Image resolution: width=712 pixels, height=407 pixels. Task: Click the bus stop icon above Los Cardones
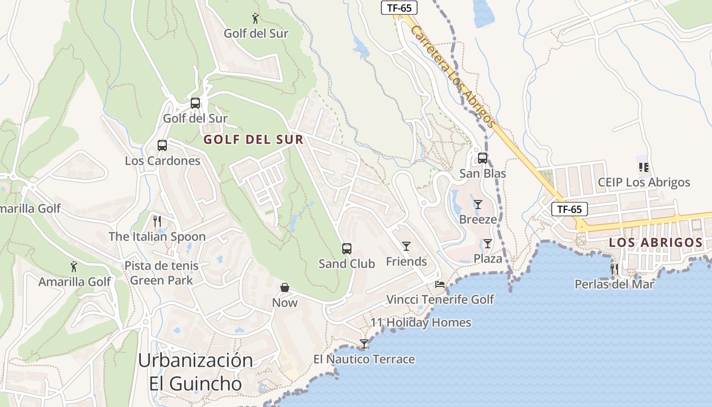coord(162,146)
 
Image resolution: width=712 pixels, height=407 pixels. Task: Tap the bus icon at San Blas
coord(483,158)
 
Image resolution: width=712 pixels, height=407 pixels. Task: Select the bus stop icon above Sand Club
coord(347,249)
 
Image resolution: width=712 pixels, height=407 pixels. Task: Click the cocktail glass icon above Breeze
coord(478,205)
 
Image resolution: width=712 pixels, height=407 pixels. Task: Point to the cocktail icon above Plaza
coord(488,244)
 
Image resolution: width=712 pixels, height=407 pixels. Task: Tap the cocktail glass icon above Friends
coord(406,246)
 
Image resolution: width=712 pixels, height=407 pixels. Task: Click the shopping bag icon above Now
coord(285,288)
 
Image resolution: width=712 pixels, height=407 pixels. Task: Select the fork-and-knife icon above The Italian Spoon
coord(157,221)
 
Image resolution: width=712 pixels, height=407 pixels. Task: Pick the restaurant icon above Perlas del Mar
coord(614,269)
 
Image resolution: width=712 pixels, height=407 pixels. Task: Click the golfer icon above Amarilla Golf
coord(74,267)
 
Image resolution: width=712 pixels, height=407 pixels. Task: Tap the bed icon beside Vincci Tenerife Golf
coord(440,284)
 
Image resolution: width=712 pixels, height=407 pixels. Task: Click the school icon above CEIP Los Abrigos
coord(644,167)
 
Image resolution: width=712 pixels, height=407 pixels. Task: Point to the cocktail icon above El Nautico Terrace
coord(364,344)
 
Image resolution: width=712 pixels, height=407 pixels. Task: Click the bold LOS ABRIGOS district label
coord(656,243)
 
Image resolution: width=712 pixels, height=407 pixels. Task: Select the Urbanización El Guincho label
coord(195,372)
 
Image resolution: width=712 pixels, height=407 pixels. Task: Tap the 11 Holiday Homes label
coord(421,323)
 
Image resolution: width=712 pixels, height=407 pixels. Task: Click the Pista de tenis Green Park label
coord(162,273)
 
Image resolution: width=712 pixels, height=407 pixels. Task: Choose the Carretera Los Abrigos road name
coord(452,76)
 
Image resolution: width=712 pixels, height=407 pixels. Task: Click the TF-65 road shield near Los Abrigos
coord(570,209)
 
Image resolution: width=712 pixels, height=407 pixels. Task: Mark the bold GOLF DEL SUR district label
coord(253,140)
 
